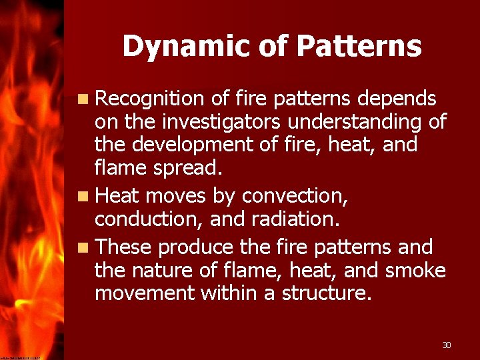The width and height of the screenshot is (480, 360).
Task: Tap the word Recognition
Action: (149, 99)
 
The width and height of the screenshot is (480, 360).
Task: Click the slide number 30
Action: (447, 345)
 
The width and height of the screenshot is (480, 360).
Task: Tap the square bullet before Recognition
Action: (81, 100)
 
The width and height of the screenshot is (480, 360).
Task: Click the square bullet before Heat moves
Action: (81, 197)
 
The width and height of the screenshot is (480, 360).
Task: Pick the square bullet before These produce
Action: (81, 248)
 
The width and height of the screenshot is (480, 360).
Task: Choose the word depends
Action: (397, 99)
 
